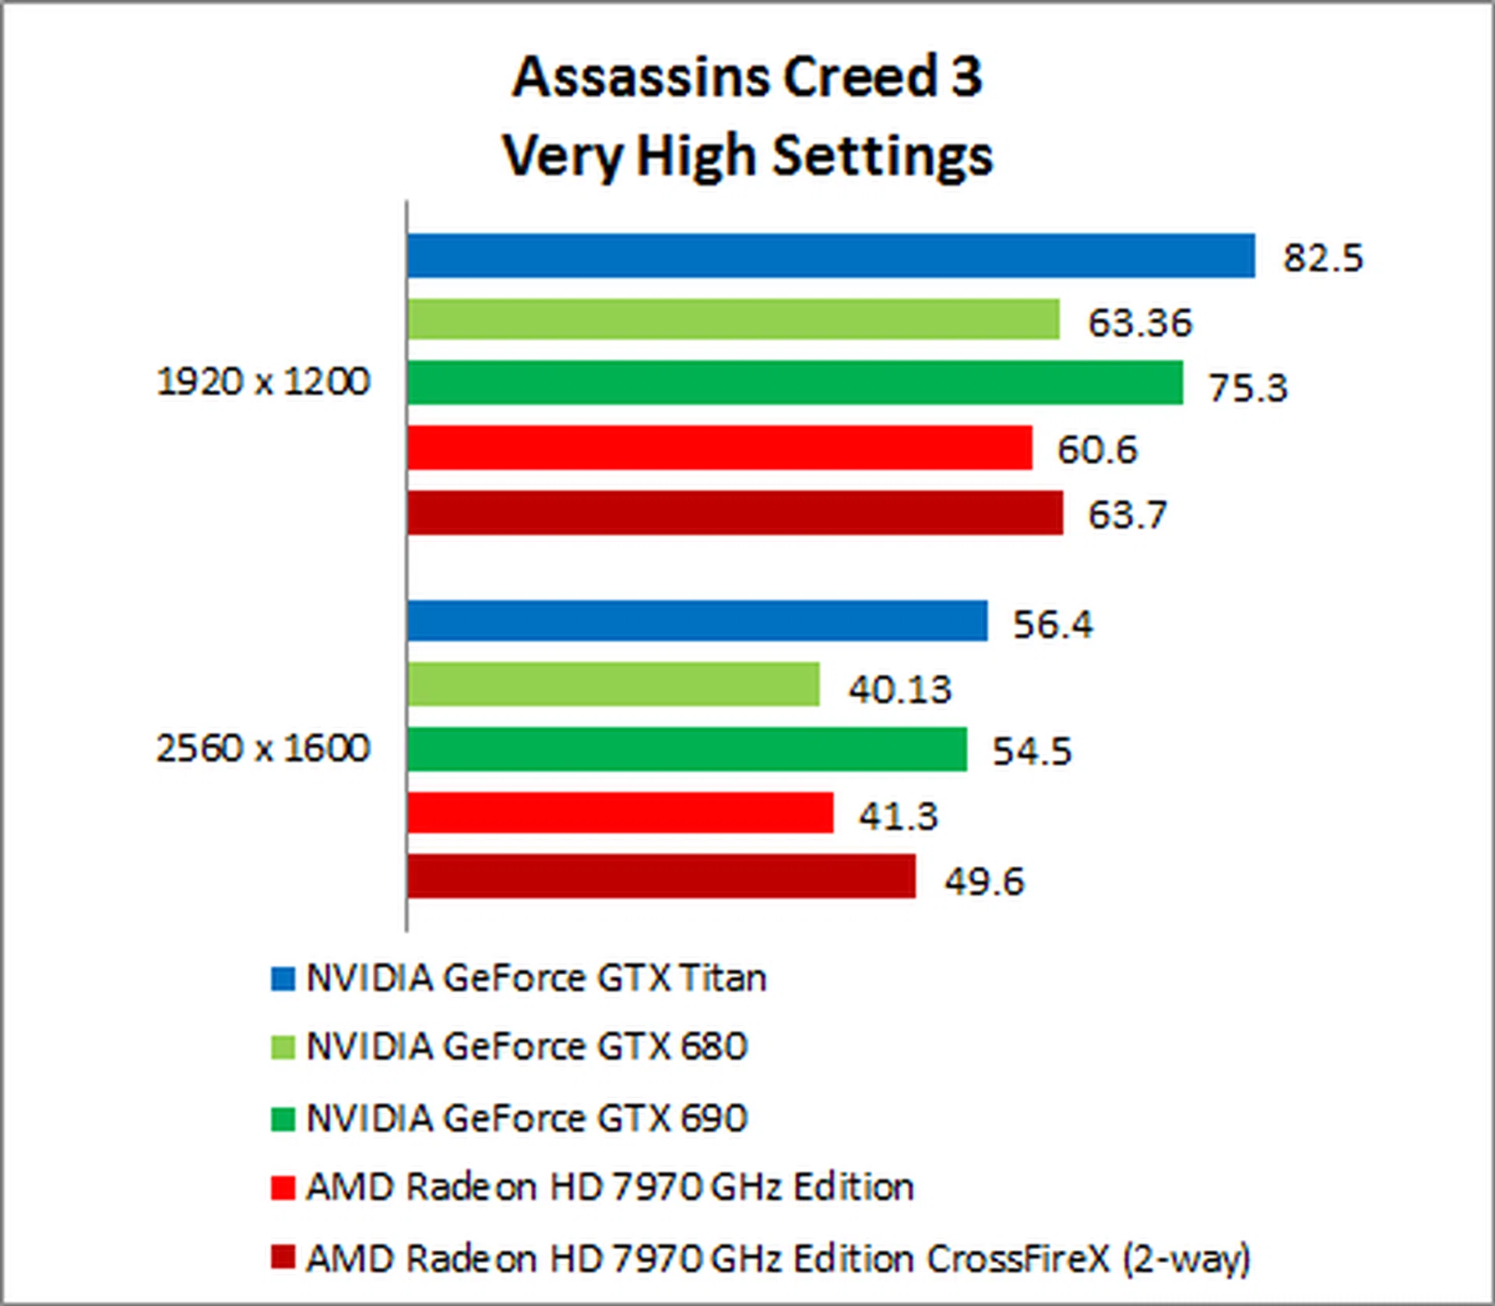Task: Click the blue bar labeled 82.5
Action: (x=831, y=255)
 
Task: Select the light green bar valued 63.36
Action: (x=733, y=319)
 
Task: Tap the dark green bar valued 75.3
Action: (x=794, y=382)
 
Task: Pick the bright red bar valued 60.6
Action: (x=719, y=448)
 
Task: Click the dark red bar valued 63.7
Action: (x=734, y=512)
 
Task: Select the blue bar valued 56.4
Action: (x=697, y=621)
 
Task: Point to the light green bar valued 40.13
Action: (x=613, y=685)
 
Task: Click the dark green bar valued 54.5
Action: (x=687, y=749)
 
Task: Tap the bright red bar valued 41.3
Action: (x=620, y=813)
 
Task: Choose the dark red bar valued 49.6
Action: (x=661, y=877)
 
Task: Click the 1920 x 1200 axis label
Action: (x=263, y=382)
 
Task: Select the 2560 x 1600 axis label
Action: (x=263, y=748)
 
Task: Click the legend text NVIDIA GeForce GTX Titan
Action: (x=536, y=978)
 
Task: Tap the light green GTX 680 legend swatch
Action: (x=283, y=1047)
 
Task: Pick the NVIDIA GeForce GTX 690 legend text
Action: (x=526, y=1118)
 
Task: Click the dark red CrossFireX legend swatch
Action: (x=283, y=1258)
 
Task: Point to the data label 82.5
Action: (x=1323, y=258)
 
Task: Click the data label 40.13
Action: (x=899, y=689)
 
